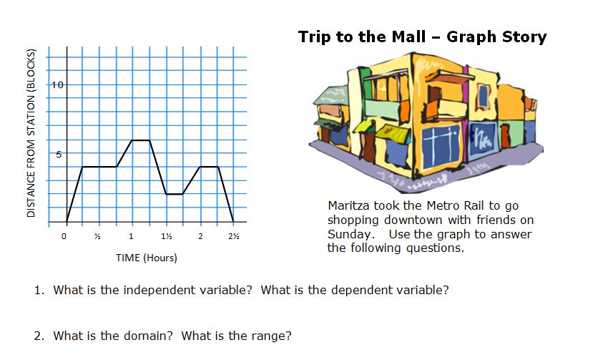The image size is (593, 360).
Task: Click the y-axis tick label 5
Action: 60,154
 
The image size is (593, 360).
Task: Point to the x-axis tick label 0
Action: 64,236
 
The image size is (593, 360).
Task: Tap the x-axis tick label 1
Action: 131,236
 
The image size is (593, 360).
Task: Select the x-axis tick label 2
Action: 200,236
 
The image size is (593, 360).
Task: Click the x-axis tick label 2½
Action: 234,236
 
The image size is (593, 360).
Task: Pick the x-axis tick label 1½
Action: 166,236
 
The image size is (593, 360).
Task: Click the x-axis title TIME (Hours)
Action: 146,258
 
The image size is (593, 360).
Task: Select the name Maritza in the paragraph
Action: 351,206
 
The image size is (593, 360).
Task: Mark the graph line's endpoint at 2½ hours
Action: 234,221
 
